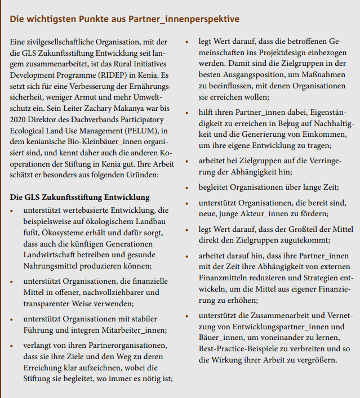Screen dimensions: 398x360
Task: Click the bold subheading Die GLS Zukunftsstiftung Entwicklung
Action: click(80, 197)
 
